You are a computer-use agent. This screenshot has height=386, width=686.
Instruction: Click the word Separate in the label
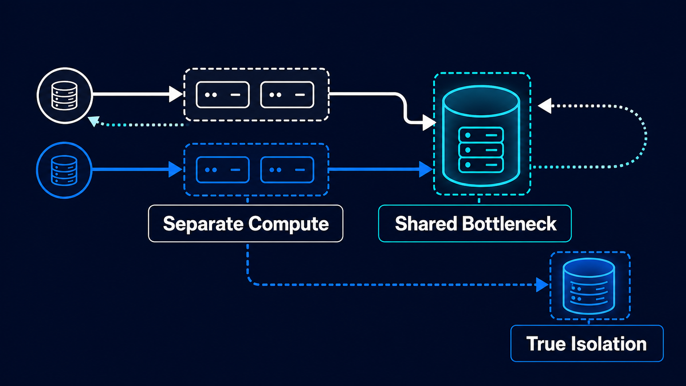[203, 224]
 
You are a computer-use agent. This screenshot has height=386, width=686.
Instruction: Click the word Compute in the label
[289, 224]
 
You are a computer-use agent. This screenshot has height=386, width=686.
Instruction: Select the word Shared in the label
[426, 223]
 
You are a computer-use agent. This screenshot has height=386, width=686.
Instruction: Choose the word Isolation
[610, 344]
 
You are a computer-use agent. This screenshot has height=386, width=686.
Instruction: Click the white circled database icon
[65, 96]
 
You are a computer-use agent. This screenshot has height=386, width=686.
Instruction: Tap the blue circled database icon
[64, 170]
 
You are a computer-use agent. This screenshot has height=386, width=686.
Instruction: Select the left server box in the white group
[223, 95]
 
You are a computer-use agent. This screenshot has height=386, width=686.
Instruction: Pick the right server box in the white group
[287, 95]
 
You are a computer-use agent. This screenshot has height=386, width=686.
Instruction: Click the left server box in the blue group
[223, 170]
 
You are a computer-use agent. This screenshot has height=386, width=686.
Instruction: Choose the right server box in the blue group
[287, 170]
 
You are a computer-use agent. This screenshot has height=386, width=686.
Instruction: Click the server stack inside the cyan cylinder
[481, 150]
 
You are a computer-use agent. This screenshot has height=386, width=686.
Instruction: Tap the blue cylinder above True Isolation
[589, 286]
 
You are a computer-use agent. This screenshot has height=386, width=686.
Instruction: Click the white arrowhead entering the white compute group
[176, 94]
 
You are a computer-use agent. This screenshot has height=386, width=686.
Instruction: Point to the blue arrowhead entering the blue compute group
[176, 169]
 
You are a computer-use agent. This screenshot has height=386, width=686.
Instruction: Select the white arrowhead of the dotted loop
[544, 106]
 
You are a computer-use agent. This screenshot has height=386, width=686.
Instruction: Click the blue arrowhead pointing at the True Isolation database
[542, 285]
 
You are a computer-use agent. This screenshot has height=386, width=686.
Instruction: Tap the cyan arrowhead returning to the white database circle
[93, 121]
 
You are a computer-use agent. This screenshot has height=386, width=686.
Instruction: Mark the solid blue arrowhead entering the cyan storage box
[426, 169]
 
